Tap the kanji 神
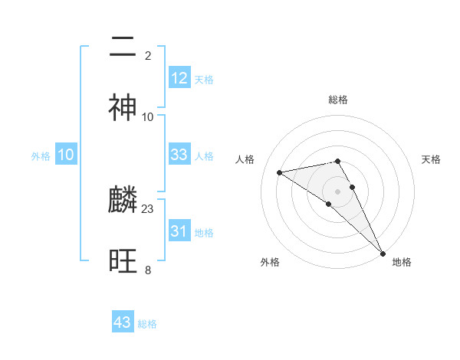(x=123, y=108)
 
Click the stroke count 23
(x=148, y=208)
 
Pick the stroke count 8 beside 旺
(x=148, y=270)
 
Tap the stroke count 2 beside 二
(x=148, y=55)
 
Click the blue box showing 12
(x=179, y=78)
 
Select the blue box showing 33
(x=179, y=155)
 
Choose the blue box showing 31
(x=179, y=231)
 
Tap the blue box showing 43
(x=123, y=322)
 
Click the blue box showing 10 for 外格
(x=66, y=155)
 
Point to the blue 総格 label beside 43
(x=148, y=324)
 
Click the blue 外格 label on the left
(x=41, y=156)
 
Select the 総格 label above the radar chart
(x=338, y=100)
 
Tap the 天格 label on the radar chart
(x=431, y=159)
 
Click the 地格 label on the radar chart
(x=402, y=262)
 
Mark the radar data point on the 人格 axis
(x=280, y=172)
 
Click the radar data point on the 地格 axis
(x=383, y=254)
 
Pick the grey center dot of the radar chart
(x=338, y=191)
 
